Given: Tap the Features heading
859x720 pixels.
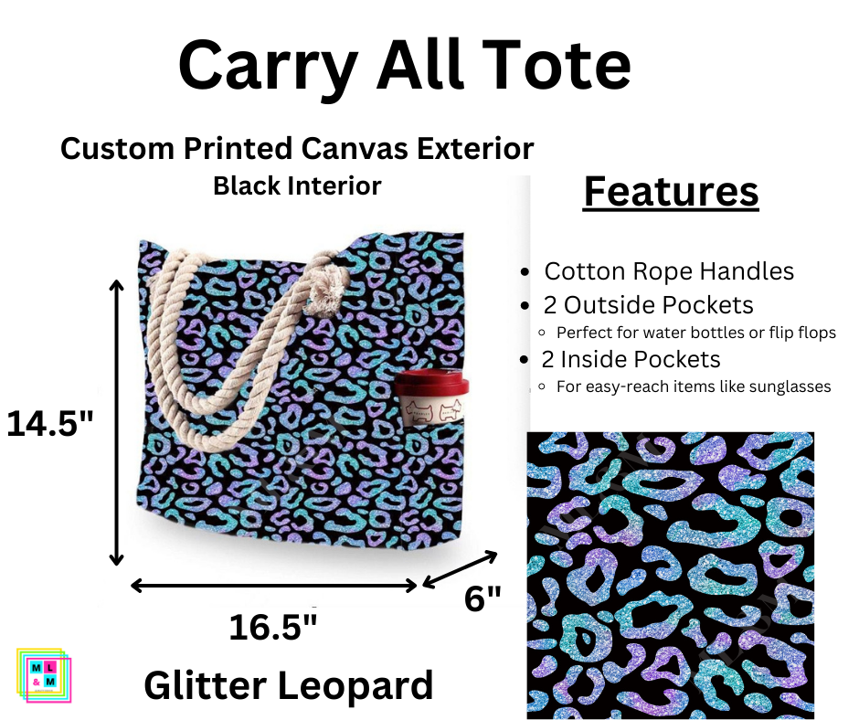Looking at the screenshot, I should [671, 192].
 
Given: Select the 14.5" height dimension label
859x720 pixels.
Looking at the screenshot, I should [50, 424].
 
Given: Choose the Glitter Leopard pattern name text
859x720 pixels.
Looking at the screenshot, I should [288, 685].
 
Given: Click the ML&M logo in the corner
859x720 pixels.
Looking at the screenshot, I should [43, 674].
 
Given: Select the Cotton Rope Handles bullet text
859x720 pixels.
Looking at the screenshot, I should [669, 271].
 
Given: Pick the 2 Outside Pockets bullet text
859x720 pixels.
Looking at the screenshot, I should [649, 305].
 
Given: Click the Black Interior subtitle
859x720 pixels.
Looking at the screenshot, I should [297, 186].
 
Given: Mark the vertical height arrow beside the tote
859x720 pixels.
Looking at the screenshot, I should [116, 423].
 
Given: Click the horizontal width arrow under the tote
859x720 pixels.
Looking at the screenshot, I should [275, 585].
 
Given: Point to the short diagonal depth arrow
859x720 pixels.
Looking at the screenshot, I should [461, 568].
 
